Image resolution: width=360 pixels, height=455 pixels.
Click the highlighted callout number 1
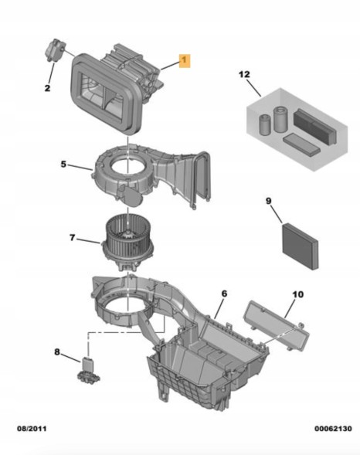(185, 60)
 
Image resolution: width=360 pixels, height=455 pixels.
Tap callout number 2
(47, 87)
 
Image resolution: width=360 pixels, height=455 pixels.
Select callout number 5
(63, 165)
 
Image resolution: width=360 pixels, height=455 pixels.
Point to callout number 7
(73, 238)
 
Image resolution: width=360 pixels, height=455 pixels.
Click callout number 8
(57, 352)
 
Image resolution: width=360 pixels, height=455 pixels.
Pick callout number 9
(269, 201)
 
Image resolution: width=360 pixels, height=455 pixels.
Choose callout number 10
(297, 294)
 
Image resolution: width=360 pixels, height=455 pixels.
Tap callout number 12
(244, 74)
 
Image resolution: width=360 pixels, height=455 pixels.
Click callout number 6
(224, 294)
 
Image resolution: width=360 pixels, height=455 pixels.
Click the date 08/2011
(32, 429)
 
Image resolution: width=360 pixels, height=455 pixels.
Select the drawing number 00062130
(333, 429)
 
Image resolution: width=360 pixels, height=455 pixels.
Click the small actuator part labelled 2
(56, 49)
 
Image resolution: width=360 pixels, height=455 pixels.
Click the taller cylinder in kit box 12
(280, 119)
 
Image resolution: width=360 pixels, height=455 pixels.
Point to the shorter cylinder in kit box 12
(265, 125)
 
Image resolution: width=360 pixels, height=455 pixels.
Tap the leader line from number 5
(80, 167)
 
